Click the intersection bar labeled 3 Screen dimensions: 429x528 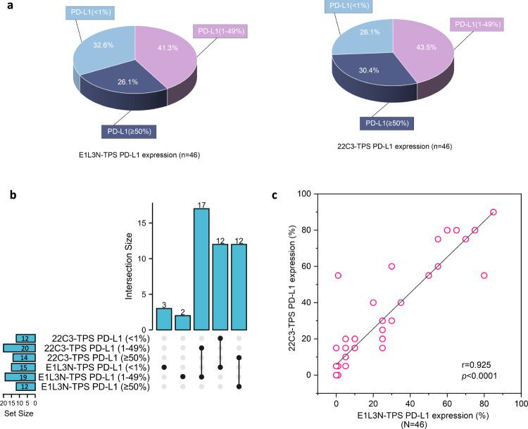(163, 318)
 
